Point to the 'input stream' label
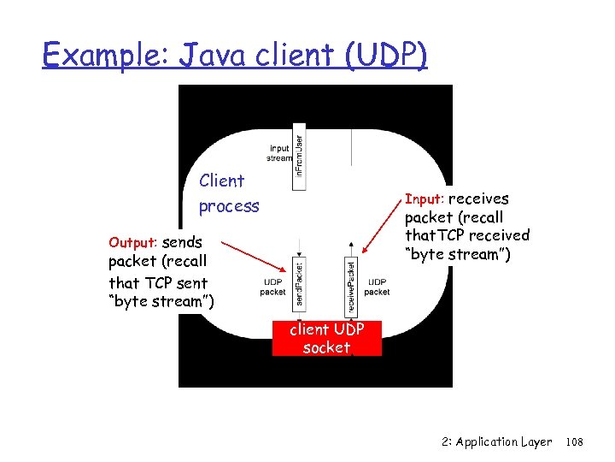click(279, 153)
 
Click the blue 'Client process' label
click(228, 193)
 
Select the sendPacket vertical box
click(298, 284)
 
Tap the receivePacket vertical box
click(350, 285)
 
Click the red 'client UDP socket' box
click(326, 339)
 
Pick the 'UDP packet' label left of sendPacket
click(272, 287)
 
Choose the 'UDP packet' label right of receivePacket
click(377, 287)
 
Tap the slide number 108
click(574, 442)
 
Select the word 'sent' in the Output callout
click(191, 282)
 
